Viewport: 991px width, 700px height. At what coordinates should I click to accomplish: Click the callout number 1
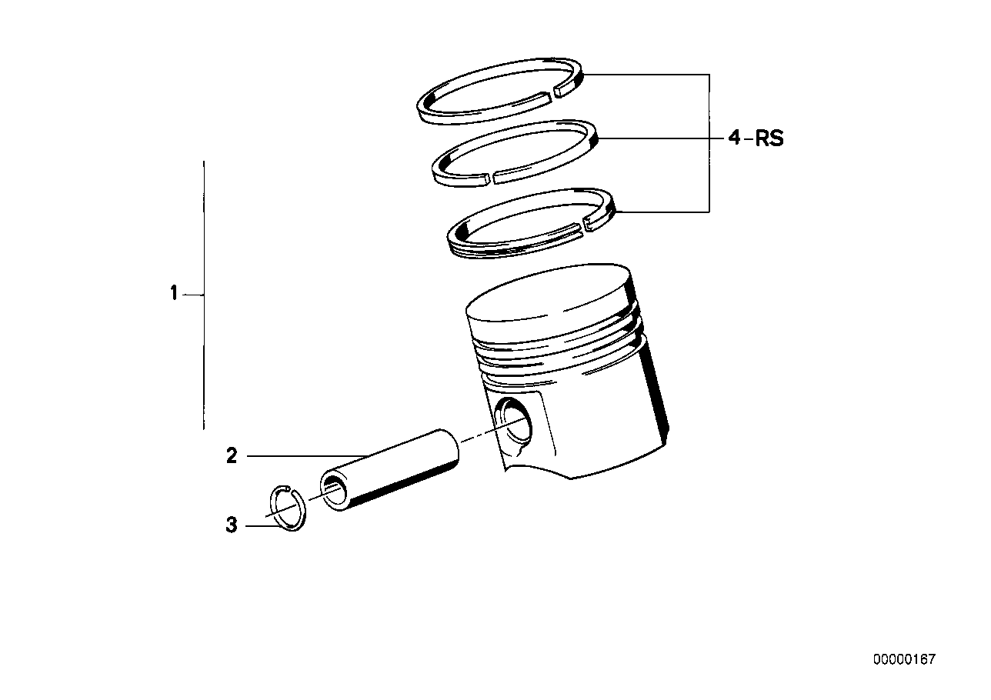(x=174, y=293)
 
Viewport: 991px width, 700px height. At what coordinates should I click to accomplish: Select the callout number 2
(x=232, y=456)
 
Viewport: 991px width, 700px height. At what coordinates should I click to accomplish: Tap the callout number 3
(x=232, y=526)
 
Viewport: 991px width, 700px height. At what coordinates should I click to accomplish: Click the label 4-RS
(x=756, y=138)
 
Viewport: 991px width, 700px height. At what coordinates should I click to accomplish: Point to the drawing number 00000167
(x=904, y=660)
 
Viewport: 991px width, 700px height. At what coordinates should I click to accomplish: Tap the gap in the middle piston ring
(x=491, y=179)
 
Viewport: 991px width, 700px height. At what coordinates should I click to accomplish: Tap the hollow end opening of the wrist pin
(x=335, y=488)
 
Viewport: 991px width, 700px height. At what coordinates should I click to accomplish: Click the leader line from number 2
(x=308, y=456)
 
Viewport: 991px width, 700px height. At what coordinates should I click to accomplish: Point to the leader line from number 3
(x=262, y=526)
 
